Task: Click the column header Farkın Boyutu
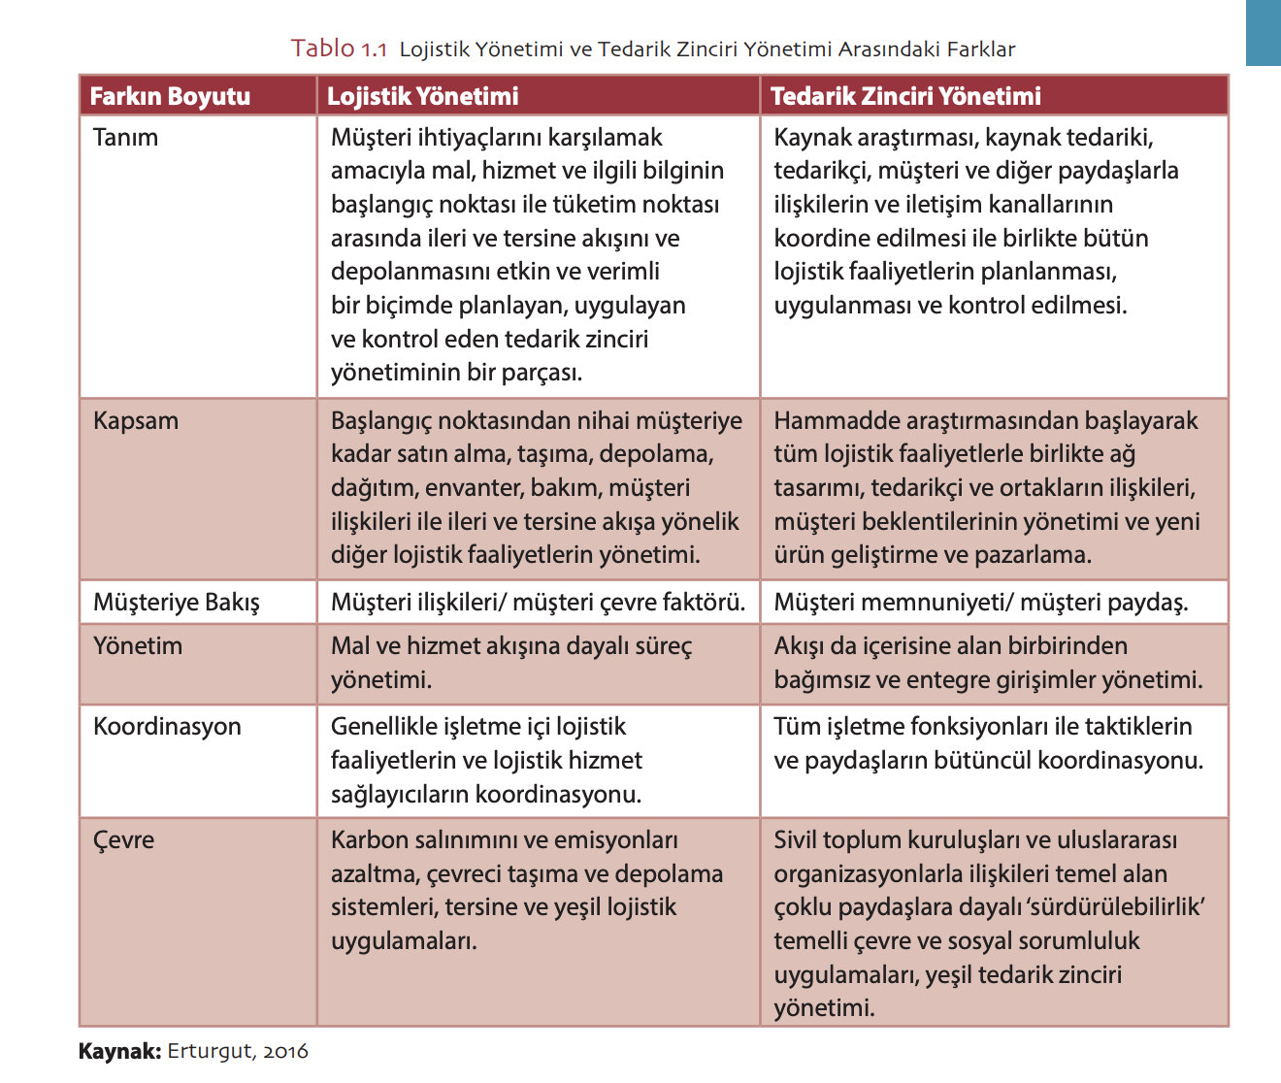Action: [170, 96]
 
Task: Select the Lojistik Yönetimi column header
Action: [422, 96]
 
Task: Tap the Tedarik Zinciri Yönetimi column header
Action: [905, 96]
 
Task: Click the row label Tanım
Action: [125, 137]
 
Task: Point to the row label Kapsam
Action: [136, 420]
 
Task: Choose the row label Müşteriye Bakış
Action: [177, 603]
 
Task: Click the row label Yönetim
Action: [138, 645]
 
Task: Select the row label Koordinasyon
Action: [167, 726]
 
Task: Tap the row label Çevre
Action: [123, 839]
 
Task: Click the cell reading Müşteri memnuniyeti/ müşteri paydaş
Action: [981, 603]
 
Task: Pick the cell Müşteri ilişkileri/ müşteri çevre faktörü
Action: [538, 603]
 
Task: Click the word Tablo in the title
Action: [323, 49]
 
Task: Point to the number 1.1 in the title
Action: [375, 49]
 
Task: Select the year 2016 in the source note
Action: [285, 1051]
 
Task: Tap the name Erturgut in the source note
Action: [209, 1051]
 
